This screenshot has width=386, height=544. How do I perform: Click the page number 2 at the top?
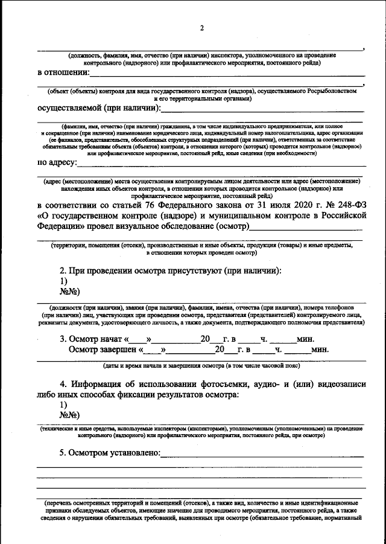click(x=203, y=28)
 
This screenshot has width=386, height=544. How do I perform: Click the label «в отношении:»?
click(x=63, y=73)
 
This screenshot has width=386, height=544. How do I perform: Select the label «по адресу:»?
click(x=57, y=162)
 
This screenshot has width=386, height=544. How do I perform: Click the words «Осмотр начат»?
click(x=94, y=339)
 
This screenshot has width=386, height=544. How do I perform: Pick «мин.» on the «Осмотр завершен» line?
click(x=320, y=350)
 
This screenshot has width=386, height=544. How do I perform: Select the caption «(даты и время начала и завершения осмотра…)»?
click(x=199, y=366)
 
